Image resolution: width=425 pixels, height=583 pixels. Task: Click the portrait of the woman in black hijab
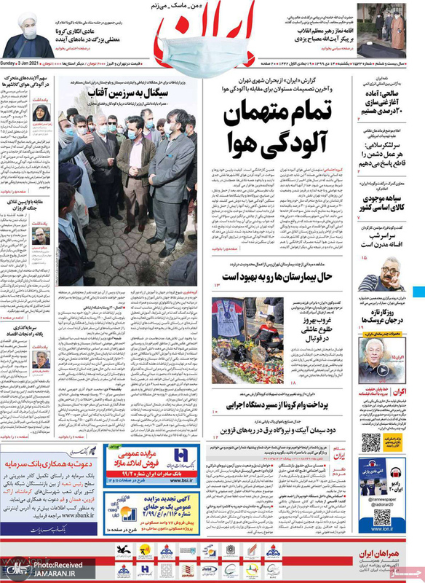pyautogui.click(x=41, y=115)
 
